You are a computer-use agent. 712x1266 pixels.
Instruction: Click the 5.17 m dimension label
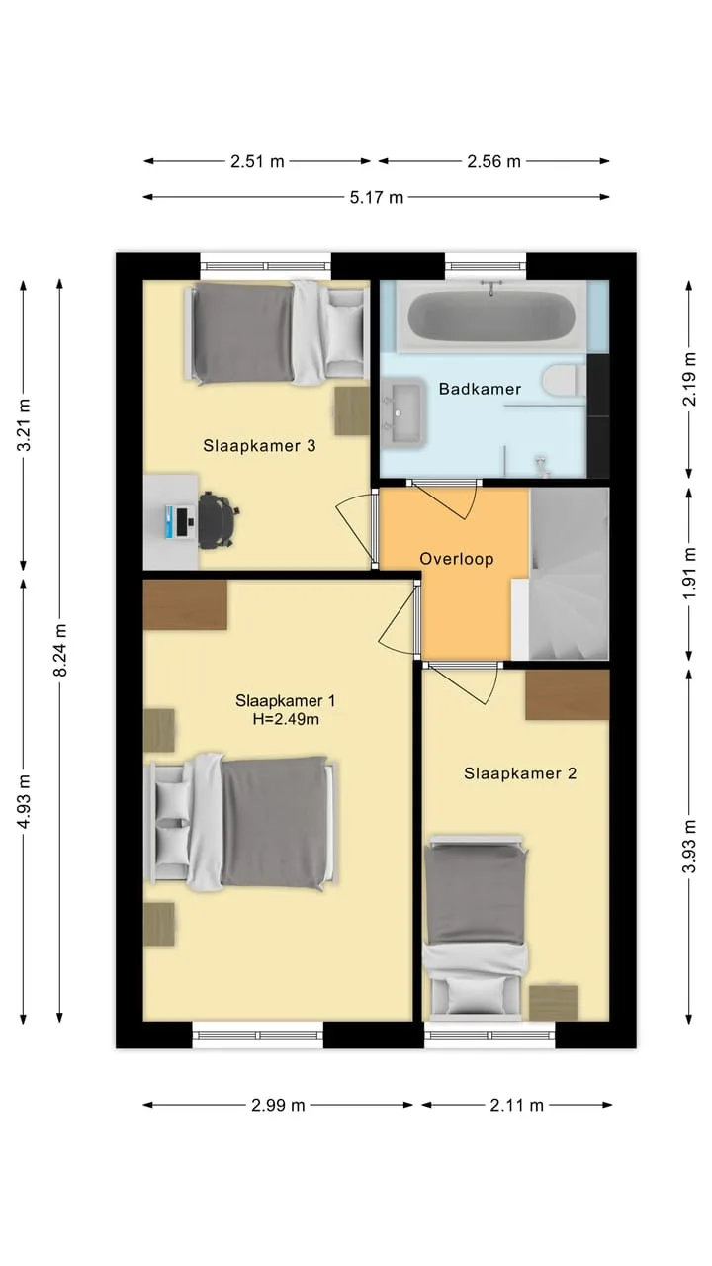click(x=377, y=197)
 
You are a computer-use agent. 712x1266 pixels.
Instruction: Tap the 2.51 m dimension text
click(x=257, y=161)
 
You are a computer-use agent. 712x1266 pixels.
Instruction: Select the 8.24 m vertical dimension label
click(x=60, y=650)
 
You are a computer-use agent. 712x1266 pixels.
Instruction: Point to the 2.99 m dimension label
click(x=278, y=1105)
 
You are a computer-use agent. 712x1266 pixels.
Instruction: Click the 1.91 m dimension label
click(x=689, y=574)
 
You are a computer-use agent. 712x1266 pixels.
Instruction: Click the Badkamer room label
click(x=480, y=389)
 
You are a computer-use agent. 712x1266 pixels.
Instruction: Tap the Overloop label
click(x=457, y=559)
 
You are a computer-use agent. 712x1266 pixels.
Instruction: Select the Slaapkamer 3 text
click(x=259, y=445)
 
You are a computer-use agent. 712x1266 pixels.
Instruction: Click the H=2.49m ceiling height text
click(x=286, y=719)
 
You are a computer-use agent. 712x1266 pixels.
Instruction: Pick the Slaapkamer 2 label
click(x=520, y=773)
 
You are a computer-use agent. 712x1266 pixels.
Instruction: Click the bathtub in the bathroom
click(x=491, y=316)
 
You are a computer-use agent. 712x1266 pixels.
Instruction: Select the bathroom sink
click(x=401, y=411)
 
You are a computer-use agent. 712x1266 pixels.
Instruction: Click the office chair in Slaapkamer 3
click(x=218, y=519)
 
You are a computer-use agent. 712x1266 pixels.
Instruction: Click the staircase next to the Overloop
click(x=569, y=574)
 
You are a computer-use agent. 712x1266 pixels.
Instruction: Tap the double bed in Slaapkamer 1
click(x=241, y=822)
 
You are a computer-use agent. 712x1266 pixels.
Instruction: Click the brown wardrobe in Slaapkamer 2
click(x=568, y=694)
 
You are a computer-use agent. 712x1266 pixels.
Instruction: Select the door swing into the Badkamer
click(x=445, y=499)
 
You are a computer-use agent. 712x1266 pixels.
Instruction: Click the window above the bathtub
click(x=486, y=266)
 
